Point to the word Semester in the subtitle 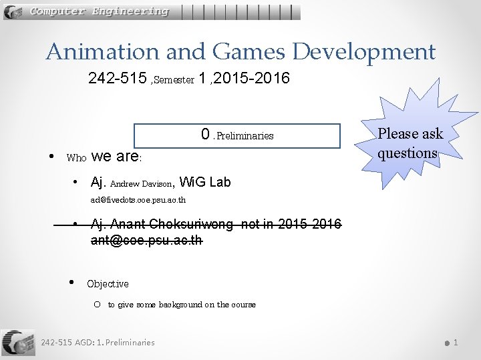[x=176, y=81]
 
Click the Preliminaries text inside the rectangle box [x=245, y=136]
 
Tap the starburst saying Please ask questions [x=410, y=143]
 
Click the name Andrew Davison [x=142, y=183]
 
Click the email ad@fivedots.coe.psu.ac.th [x=138, y=200]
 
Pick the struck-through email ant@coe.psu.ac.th [x=146, y=239]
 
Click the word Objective [x=108, y=284]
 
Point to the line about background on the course [x=182, y=305]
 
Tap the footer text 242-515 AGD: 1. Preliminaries [x=98, y=343]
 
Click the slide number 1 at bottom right [x=456, y=343]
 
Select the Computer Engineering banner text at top [x=99, y=11]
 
